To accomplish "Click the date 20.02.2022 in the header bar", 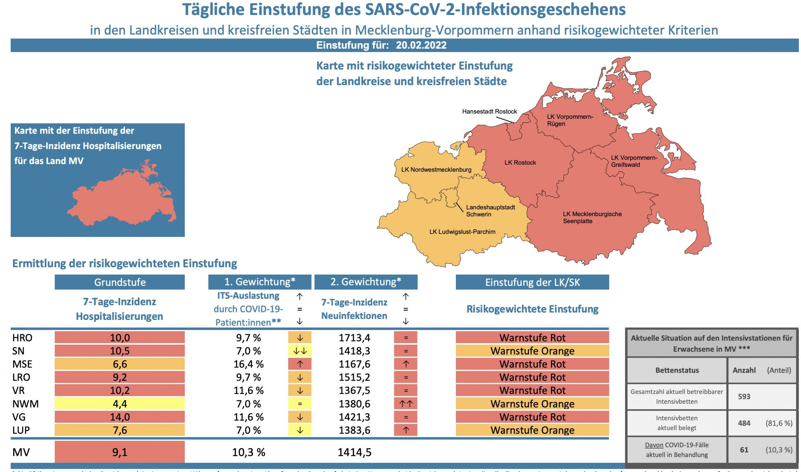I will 421,45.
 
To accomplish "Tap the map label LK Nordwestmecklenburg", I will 436,170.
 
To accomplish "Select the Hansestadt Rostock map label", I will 489,112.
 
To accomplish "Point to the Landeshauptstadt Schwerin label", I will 490,211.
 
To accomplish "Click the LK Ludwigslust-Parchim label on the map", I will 462,232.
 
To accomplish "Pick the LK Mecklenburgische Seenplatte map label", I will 592,218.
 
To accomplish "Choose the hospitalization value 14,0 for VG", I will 120,417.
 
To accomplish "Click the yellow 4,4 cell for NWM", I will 120,404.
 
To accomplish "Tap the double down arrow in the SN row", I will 299,351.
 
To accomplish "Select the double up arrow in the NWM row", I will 406,404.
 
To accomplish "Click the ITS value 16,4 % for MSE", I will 248,364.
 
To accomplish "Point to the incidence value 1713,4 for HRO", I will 354,338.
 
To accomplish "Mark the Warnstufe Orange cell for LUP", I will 532,430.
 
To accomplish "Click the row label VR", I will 18,391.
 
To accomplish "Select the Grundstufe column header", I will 120,282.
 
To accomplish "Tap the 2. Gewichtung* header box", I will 365,282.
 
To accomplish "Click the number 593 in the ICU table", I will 744,397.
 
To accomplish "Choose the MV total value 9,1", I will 120,452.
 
